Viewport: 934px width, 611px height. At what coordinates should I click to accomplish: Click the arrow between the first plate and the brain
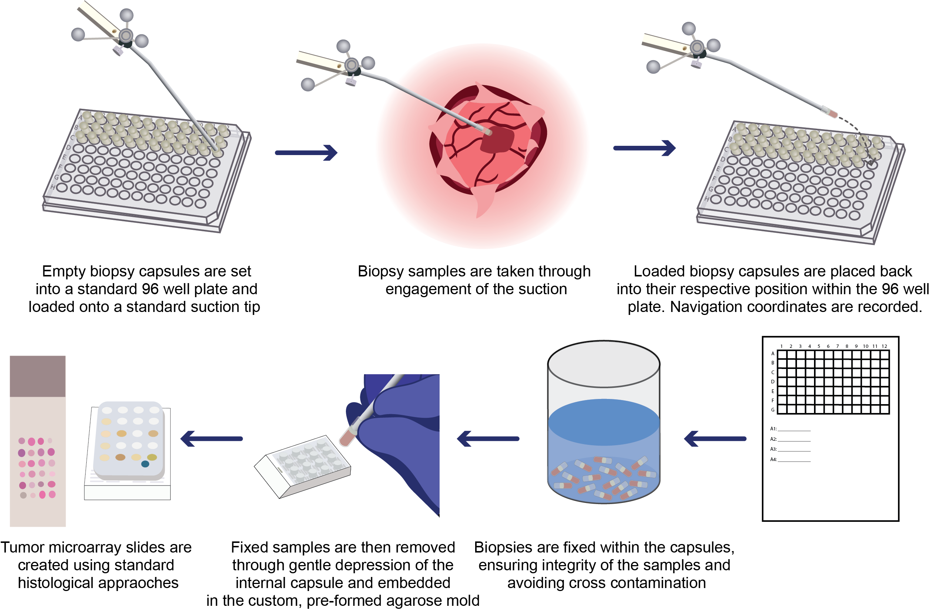pyautogui.click(x=306, y=152)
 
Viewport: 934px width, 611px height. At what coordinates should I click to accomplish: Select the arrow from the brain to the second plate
pyautogui.click(x=644, y=148)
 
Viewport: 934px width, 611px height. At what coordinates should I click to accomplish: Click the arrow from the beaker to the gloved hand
pyautogui.click(x=488, y=439)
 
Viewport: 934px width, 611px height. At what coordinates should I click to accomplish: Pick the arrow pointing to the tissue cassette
pyautogui.click(x=211, y=439)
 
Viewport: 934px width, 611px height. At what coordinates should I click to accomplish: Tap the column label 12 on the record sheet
pyautogui.click(x=884, y=346)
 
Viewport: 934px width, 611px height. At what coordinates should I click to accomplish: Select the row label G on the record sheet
pyautogui.click(x=773, y=410)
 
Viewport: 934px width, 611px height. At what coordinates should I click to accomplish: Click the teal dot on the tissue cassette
pyautogui.click(x=145, y=464)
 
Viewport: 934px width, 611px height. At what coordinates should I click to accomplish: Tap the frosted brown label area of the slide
pyautogui.click(x=38, y=376)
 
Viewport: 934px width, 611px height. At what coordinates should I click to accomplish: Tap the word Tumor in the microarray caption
pyautogui.click(x=22, y=547)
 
